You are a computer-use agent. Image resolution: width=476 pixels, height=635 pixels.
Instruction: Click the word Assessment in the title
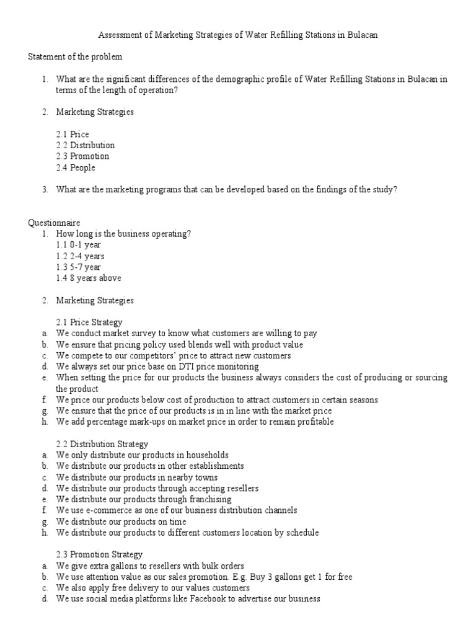pos(120,35)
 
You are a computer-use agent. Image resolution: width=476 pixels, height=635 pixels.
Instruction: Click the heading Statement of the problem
pos(75,57)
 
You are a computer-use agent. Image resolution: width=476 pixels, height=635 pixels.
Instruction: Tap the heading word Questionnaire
pos(54,223)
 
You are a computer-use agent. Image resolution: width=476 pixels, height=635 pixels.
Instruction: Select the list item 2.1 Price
pos(73,135)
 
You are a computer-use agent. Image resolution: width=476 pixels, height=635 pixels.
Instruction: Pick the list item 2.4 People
pos(76,168)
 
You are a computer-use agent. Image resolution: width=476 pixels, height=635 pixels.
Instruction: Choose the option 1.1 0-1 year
pos(79,245)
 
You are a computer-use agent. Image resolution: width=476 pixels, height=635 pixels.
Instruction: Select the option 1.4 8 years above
pos(89,278)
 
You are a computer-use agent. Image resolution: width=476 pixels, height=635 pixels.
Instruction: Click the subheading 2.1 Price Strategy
pos(89,322)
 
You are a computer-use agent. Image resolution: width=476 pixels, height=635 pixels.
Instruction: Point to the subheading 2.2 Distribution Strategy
pos(102,444)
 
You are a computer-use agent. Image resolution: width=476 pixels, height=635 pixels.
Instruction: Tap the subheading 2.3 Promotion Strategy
pos(99,554)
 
